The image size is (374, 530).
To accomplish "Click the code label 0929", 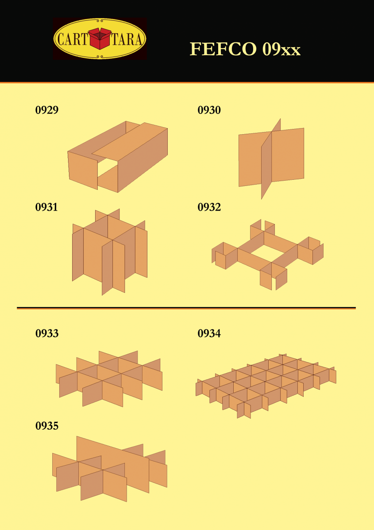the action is pos(47,110).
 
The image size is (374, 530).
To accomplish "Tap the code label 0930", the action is pos(209,110).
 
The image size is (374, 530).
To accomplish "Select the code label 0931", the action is pos(46,207).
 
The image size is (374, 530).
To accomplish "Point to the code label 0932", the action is pos(209,207).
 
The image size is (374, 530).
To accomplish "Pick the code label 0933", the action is pos(47,333).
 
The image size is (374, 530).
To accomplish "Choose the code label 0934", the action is pos(209,333).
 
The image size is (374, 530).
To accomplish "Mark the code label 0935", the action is pos(47,426).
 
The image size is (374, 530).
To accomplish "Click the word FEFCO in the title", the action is pos(223,49).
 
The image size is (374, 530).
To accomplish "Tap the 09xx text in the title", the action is pos(281,49).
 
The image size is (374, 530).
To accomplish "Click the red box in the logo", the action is pos(100,38).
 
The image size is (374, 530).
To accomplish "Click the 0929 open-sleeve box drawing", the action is pos(118,157).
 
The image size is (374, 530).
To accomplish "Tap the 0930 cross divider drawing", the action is pos(271,159).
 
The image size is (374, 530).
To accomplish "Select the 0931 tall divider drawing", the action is pos(110,252).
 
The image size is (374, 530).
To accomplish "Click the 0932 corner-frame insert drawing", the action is pos(267,254).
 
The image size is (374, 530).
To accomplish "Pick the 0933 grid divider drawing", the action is pos(109,379).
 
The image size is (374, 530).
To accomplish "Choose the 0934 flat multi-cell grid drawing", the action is pos(266,386).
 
